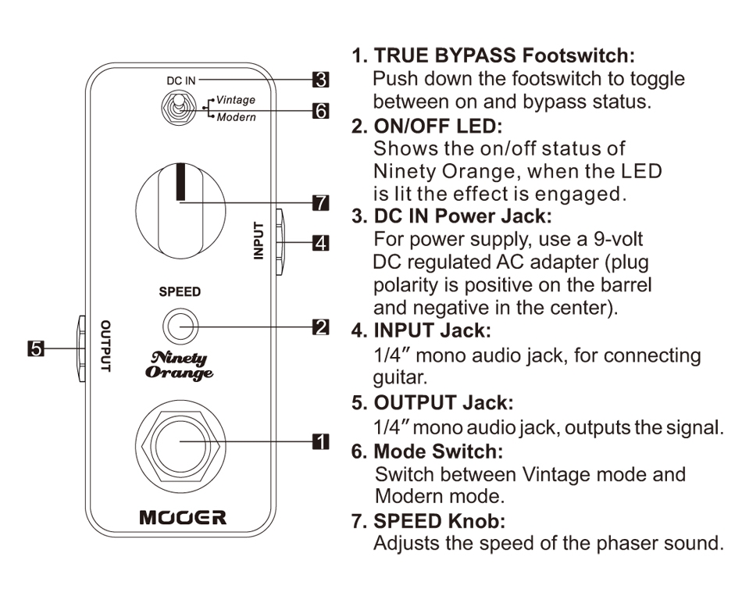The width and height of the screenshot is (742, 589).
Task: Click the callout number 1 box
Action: (x=319, y=441)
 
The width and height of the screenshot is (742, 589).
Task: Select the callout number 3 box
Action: (x=319, y=79)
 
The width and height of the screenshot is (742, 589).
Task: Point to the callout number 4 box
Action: (x=319, y=242)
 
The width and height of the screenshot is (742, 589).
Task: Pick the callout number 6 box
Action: (x=319, y=111)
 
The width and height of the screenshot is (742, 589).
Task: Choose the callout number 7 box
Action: (x=319, y=203)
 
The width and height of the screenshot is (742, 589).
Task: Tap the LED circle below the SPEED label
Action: (x=179, y=327)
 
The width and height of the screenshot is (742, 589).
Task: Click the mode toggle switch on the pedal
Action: (x=179, y=108)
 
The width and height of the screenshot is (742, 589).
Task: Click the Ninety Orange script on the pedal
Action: (x=179, y=365)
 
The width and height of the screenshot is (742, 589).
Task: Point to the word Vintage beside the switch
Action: (x=235, y=100)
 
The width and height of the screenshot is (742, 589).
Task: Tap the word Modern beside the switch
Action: (x=235, y=117)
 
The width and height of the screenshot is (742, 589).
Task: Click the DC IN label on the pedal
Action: (x=180, y=80)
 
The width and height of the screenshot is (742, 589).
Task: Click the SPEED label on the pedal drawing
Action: (x=180, y=292)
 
